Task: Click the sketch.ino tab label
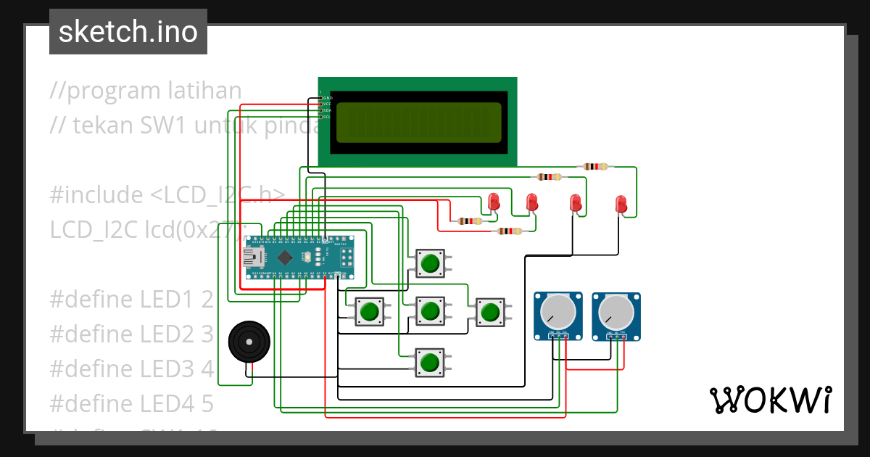point(128,32)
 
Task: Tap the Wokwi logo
point(770,400)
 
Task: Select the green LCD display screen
point(418,122)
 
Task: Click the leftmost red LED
point(494,201)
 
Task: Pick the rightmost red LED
point(621,204)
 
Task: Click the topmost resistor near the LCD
point(595,167)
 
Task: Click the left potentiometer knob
point(558,312)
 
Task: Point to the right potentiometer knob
point(616,312)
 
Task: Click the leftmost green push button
point(370,312)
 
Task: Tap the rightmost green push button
point(489,312)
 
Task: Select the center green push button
point(430,311)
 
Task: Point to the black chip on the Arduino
point(286,257)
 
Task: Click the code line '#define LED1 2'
point(131,299)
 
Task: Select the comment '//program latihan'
point(146,91)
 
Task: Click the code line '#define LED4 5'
point(131,402)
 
